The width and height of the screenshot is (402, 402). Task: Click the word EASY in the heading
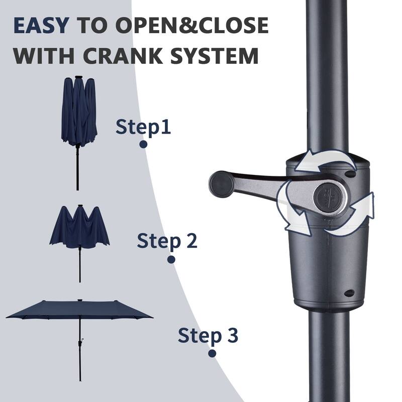41,25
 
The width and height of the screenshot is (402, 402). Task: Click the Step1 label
143,127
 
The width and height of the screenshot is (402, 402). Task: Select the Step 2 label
167,241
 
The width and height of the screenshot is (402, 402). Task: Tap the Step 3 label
208,335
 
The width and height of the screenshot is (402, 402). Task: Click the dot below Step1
143,144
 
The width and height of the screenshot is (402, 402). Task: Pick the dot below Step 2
171,260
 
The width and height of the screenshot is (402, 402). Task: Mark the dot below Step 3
212,353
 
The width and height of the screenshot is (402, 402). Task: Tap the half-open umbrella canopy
79,229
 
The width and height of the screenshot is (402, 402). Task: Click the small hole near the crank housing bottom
349,293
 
